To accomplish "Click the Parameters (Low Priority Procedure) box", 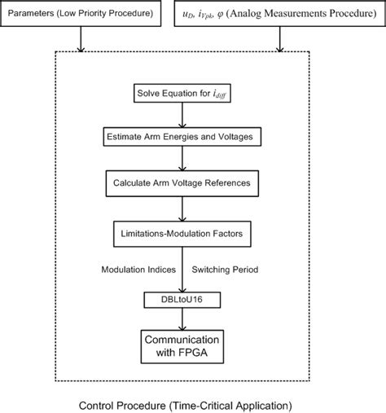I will (x=83, y=15).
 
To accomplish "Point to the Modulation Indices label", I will (x=136, y=269).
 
